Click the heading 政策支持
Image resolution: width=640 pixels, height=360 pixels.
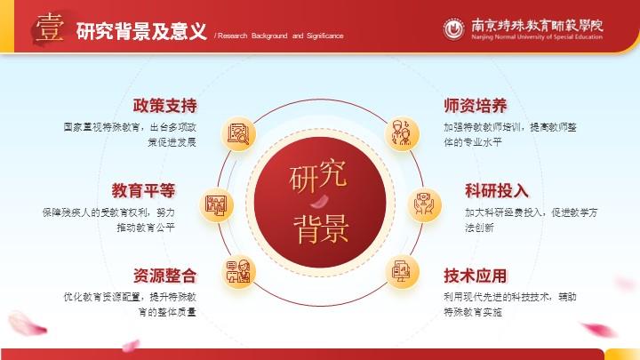164,106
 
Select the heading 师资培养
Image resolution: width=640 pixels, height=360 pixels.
476,106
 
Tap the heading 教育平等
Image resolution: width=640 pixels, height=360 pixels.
143,190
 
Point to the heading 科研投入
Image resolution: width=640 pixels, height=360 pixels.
497,190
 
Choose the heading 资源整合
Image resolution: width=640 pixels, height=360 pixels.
164,276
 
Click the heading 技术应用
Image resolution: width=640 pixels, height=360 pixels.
476,276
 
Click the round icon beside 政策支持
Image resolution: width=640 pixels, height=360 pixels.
238,134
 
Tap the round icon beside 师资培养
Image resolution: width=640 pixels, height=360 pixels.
402,134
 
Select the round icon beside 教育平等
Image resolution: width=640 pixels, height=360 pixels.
216,205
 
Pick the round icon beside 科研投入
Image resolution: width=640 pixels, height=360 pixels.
425,205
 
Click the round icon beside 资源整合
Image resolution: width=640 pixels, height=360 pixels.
239,272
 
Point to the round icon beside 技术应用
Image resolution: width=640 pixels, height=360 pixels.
403,272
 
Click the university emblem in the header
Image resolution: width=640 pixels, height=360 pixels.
454,29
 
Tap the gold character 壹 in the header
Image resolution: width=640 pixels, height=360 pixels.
50,28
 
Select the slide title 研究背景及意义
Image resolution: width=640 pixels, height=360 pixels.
141,31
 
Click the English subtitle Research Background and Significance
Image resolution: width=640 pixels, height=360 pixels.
280,36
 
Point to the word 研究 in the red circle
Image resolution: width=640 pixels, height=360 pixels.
318,176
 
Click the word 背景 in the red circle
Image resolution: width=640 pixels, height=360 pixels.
321,228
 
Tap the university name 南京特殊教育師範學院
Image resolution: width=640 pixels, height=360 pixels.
537,25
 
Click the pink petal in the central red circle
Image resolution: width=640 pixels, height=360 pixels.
320,201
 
